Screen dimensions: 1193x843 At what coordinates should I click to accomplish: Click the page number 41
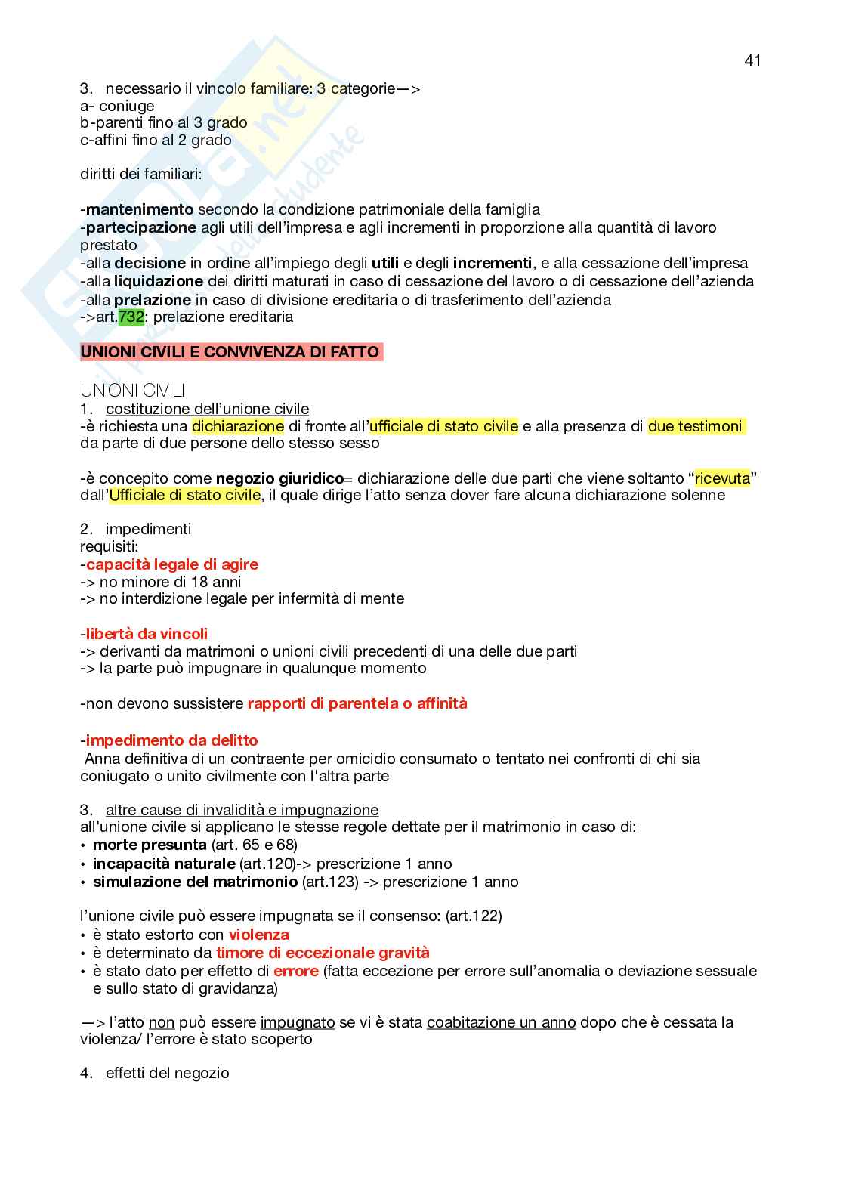point(752,61)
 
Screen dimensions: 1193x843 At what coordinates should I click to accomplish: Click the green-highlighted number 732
point(131,317)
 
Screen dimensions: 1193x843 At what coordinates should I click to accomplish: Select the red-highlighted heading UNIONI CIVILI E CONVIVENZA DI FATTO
point(231,352)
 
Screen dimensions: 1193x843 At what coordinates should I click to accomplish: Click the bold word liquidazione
point(159,281)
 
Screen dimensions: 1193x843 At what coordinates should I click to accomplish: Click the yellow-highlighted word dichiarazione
point(238,426)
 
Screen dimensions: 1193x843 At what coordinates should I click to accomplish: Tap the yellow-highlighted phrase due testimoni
point(695,426)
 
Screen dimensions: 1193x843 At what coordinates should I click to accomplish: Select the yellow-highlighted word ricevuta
point(723,478)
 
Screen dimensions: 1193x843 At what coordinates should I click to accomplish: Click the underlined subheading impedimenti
point(148,529)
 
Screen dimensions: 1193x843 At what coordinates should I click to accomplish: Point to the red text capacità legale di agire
point(171,564)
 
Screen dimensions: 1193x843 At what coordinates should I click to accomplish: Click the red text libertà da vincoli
point(147,634)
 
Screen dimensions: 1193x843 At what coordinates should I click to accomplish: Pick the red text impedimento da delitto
point(171,740)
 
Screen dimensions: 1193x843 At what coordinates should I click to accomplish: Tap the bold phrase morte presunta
point(150,845)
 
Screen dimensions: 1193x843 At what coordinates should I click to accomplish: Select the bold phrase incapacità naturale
point(164,864)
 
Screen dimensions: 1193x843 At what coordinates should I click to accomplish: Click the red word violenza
point(259,935)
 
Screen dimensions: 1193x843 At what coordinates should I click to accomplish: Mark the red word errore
point(296,971)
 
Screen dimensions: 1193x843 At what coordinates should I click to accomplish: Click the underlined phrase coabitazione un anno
point(501,1022)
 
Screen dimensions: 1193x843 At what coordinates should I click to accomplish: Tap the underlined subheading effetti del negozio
point(167,1073)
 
